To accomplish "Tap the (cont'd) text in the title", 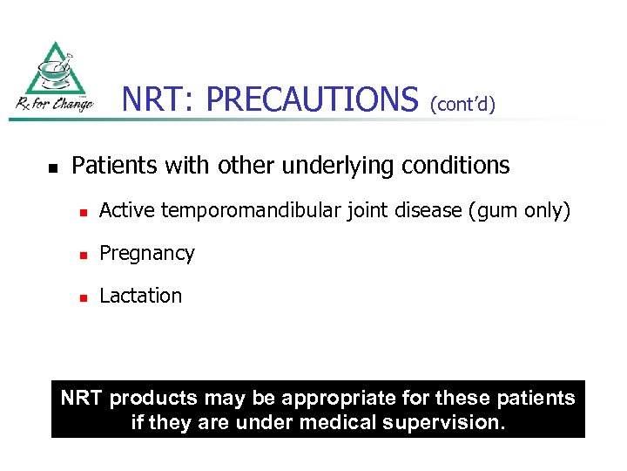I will tap(462, 105).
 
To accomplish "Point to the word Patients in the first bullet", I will tap(112, 165).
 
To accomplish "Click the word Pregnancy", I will tap(147, 254).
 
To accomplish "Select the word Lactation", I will tap(141, 296).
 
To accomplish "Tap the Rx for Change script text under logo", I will tap(54, 104).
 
